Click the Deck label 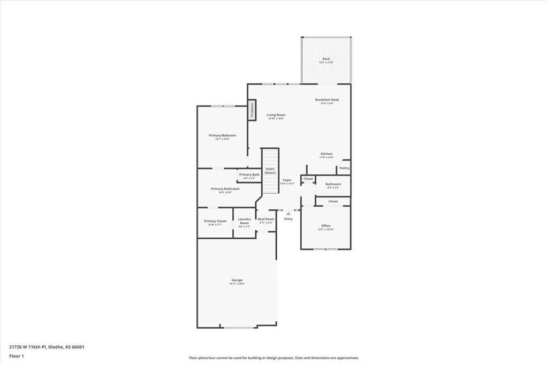[326, 59]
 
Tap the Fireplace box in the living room [252, 110]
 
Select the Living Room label [276, 115]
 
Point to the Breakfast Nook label [326, 100]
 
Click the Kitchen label [326, 154]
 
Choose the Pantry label [344, 168]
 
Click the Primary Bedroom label [222, 136]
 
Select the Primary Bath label [249, 175]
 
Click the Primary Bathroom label [225, 189]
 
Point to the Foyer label [287, 180]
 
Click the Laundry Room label [244, 220]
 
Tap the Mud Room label [266, 219]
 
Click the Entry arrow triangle [288, 213]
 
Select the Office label [325, 226]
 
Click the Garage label [237, 280]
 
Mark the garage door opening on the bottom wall [239, 327]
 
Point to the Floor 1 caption [17, 355]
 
